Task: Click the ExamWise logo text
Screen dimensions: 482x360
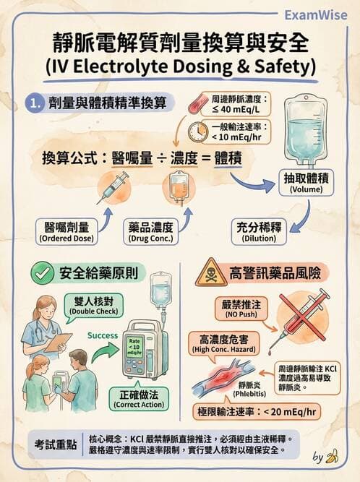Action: click(317, 14)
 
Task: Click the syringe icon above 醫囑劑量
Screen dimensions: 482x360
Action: click(113, 187)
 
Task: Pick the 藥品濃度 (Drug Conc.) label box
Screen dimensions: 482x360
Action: click(154, 233)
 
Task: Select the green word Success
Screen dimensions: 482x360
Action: click(102, 336)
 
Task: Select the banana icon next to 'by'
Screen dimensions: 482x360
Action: click(333, 456)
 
